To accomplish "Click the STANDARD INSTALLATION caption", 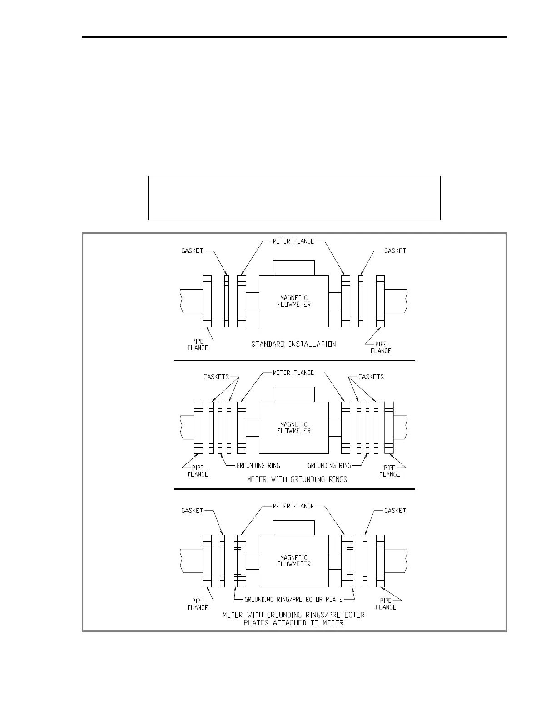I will [x=293, y=344].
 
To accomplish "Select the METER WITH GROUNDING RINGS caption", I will [x=297, y=479].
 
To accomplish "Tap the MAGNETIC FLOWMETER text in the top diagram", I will [x=293, y=301].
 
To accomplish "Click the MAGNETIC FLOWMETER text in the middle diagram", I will [x=293, y=428].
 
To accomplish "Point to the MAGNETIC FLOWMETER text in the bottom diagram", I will [x=293, y=561].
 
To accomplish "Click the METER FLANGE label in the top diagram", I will [x=293, y=241].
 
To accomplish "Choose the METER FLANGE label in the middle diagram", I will [x=293, y=373].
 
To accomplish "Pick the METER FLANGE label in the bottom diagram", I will [x=293, y=506].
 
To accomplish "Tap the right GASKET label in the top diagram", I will [x=395, y=251].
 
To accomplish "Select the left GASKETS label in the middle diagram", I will [x=216, y=377].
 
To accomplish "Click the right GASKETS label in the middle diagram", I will [x=371, y=377].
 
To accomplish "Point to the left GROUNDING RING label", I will [x=258, y=465].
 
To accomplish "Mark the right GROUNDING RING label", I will [x=329, y=465].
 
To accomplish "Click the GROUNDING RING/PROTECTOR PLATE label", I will [x=293, y=599].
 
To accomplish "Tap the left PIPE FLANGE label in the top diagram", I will [x=198, y=345].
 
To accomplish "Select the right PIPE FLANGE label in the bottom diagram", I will [x=386, y=604].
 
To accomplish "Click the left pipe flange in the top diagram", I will [x=207, y=301].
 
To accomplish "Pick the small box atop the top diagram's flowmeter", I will [x=293, y=267].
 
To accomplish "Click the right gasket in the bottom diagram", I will [x=365, y=561].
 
